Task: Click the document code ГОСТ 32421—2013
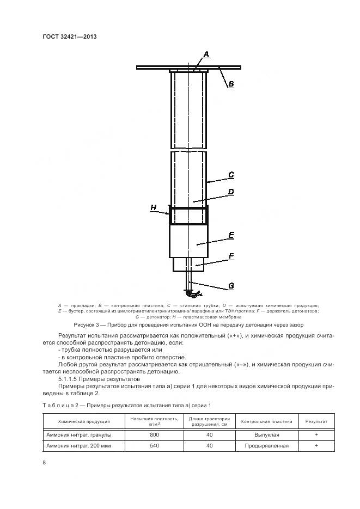[x=69, y=36]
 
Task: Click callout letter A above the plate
[x=206, y=54]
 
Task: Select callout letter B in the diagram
[x=231, y=84]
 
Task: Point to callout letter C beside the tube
[x=231, y=175]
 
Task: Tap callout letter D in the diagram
[x=231, y=192]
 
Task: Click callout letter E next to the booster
[x=231, y=235]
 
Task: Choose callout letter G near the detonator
[x=231, y=285]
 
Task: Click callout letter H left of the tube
[x=154, y=207]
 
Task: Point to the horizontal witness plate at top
[x=163, y=67]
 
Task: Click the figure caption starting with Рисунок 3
[x=180, y=324]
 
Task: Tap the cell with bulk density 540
[x=154, y=445]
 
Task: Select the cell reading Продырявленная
[x=266, y=445]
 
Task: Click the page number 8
[x=44, y=462]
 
